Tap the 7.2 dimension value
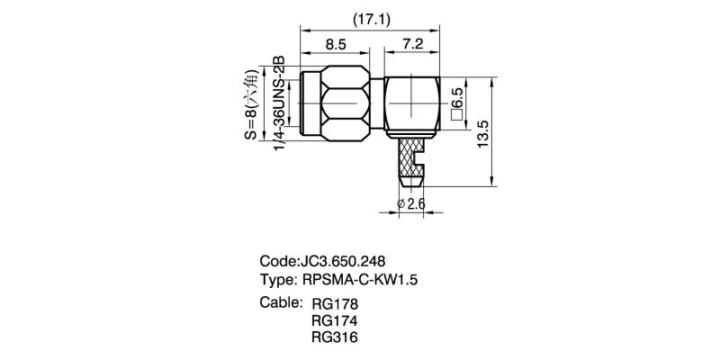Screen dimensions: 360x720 coord(414,42)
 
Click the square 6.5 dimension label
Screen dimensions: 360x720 coord(457,103)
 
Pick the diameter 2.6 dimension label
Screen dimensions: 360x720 coord(411,204)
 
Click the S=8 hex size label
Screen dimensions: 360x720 coord(251,107)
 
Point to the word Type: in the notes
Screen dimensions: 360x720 coord(279,280)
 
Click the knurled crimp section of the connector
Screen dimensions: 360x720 coord(410,155)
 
